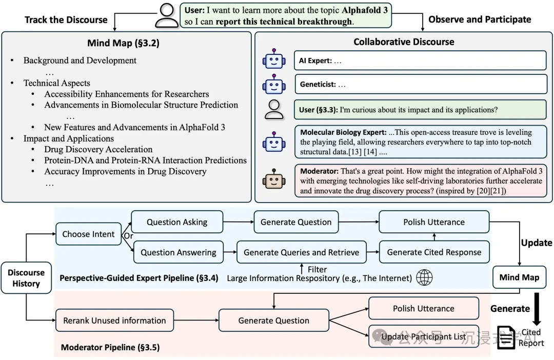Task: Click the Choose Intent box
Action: point(88,234)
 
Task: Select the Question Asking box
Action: point(177,222)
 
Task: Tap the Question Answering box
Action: point(178,252)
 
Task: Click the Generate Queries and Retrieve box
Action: point(301,252)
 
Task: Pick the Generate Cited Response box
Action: point(434,252)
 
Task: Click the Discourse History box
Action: point(26,278)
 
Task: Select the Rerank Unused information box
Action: point(114,321)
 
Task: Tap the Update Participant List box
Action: point(423,337)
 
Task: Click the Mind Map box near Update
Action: point(519,277)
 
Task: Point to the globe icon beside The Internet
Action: point(424,278)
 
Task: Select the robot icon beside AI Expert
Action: point(273,60)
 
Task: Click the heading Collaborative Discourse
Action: point(404,42)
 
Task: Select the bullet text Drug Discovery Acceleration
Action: point(98,149)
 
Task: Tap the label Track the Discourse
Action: point(66,20)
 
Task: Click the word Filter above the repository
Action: point(317,269)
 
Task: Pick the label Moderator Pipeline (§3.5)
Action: point(110,348)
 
